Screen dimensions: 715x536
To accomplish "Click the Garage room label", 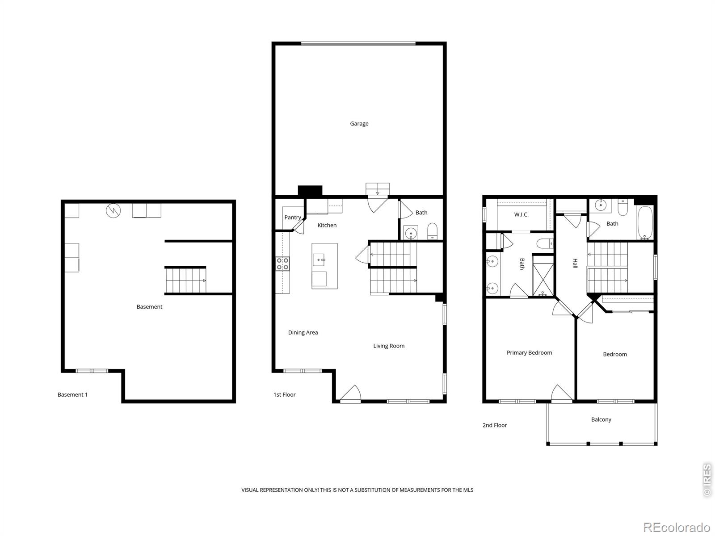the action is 359,124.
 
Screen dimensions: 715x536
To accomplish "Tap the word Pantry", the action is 293,218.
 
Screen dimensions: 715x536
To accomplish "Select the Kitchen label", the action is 327,225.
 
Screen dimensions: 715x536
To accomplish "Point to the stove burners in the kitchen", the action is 282,264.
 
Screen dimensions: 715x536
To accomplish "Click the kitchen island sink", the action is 319,260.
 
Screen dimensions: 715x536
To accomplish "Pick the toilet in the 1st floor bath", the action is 432,231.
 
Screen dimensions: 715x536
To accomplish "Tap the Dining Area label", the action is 303,333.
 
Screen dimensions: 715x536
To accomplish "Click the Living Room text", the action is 389,346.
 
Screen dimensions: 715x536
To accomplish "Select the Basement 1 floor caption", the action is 73,395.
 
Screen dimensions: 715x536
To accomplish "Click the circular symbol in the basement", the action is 114,211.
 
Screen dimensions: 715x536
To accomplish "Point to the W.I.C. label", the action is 521,214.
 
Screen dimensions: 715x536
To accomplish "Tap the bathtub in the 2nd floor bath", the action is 645,223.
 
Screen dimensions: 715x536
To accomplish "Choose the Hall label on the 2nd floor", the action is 575,263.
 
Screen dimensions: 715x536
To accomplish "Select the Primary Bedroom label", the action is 530,353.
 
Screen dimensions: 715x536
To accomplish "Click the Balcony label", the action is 601,420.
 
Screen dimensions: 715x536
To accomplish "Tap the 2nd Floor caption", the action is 495,425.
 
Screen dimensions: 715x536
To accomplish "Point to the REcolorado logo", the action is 677,528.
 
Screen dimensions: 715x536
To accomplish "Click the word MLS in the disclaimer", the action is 468,490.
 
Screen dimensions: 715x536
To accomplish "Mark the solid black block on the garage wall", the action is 310,191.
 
